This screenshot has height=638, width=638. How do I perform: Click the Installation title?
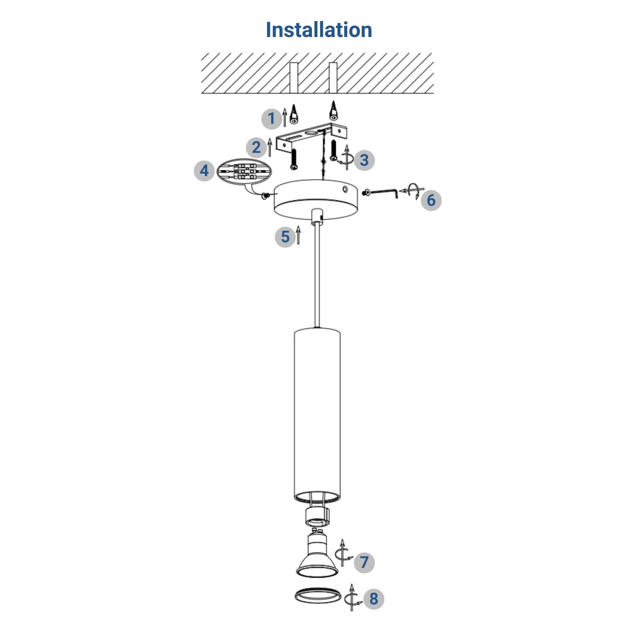tap(319, 30)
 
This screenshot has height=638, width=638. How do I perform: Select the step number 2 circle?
tap(256, 147)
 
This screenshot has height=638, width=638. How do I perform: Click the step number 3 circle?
tap(364, 160)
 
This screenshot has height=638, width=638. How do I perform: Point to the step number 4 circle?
tap(204, 171)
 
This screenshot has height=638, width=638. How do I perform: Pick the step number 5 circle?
tap(285, 237)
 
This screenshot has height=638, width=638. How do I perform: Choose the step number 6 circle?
tap(431, 200)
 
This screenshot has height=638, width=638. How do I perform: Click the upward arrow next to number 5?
tap(298, 235)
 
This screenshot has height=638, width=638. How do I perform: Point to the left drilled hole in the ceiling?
tap(294, 78)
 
